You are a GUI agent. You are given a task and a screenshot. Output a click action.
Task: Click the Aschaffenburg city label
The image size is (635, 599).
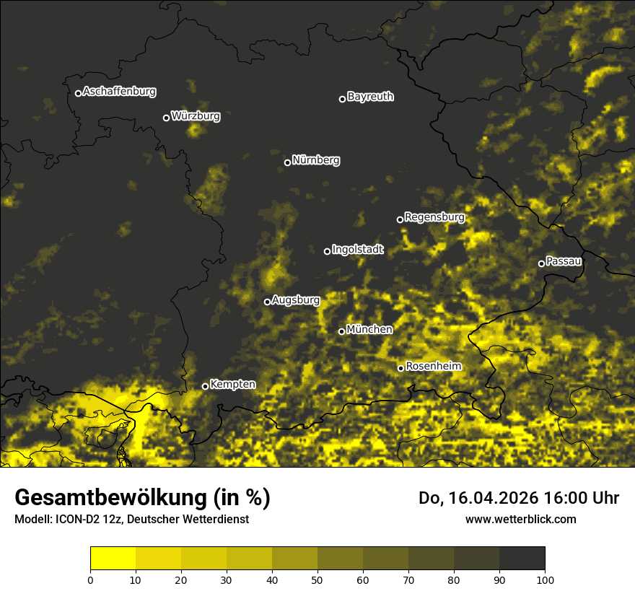[x=119, y=92]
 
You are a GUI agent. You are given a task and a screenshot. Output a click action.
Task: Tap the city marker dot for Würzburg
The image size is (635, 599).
[x=166, y=118]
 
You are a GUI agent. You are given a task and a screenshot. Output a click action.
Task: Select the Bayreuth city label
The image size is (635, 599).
[x=370, y=97]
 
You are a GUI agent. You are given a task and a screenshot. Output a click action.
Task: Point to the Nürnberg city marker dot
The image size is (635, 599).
[x=287, y=162]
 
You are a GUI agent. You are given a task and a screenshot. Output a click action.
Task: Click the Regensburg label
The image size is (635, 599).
[x=434, y=217]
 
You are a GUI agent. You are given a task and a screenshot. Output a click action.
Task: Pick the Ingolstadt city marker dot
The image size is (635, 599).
[x=327, y=251]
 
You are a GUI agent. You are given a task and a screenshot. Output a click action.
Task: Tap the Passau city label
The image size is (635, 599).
[x=564, y=261]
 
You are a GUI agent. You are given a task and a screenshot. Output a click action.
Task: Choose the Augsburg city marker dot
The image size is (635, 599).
[x=267, y=302]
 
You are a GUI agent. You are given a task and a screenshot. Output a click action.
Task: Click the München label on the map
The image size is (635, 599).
[x=369, y=330]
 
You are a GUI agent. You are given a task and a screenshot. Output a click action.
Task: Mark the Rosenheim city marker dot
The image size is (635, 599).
[x=400, y=369]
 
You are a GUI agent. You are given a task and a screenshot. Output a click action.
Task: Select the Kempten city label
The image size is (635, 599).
[x=232, y=385]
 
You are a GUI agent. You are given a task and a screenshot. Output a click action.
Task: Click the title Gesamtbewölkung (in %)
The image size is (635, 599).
[x=142, y=498]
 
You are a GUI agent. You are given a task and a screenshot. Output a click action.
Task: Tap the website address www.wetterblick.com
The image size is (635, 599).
[x=520, y=519]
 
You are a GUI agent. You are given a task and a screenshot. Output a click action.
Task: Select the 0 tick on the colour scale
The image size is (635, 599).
[x=90, y=580]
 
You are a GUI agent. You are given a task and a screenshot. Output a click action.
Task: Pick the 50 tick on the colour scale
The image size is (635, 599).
[x=317, y=580]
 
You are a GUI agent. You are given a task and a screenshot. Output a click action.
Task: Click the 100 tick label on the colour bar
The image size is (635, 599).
[x=545, y=580]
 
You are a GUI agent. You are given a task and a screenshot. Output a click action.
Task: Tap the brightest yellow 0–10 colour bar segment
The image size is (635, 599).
[x=113, y=559]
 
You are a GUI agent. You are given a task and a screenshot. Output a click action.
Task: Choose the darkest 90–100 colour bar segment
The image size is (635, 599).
[x=522, y=559]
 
